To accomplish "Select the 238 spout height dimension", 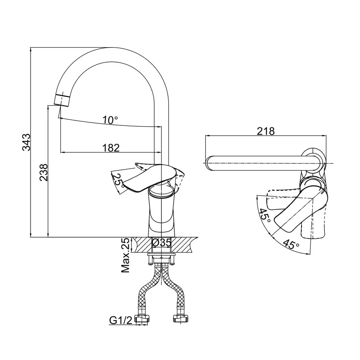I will click(44, 172).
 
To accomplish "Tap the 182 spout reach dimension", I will click(111, 148).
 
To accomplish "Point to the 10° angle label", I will click(110, 120).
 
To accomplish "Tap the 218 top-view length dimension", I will click(266, 131).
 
